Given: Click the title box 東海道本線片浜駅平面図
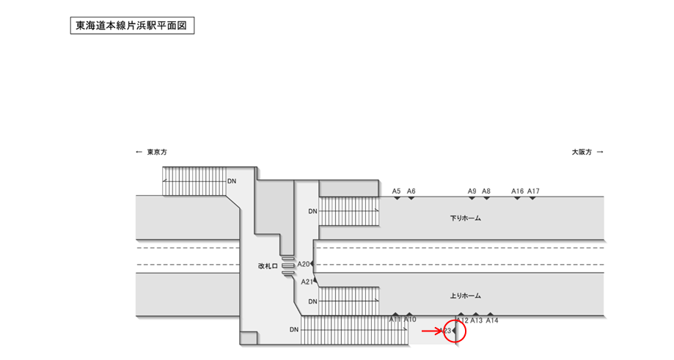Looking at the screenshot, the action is coord(132,26).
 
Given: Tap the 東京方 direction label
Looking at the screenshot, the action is coord(157,152).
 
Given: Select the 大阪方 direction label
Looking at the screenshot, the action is coord(582,152).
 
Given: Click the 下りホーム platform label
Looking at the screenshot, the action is coord(466,218).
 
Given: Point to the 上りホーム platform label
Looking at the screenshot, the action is coord(466,296).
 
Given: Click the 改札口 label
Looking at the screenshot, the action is coord(268,266).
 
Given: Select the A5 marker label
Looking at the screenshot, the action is coord(396,191).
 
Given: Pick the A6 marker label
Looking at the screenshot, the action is coord(411,191).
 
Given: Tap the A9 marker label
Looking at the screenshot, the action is coord(472,191).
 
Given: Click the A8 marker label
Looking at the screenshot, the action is coord(486,191).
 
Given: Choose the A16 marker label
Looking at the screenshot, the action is coord(518,191).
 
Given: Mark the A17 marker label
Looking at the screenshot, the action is coord(533,191).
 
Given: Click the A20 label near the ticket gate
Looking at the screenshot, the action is coord(304,264).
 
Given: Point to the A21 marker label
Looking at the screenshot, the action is coord(307,282).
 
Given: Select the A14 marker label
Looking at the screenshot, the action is coord(492,320).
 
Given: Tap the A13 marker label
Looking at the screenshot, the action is coord(476,320).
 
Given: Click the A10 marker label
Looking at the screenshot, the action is coord(410,320).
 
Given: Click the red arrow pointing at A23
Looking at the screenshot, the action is coord(432,331).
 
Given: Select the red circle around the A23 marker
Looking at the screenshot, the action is coord(455,320).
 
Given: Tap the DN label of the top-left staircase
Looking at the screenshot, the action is coord(232,181).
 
